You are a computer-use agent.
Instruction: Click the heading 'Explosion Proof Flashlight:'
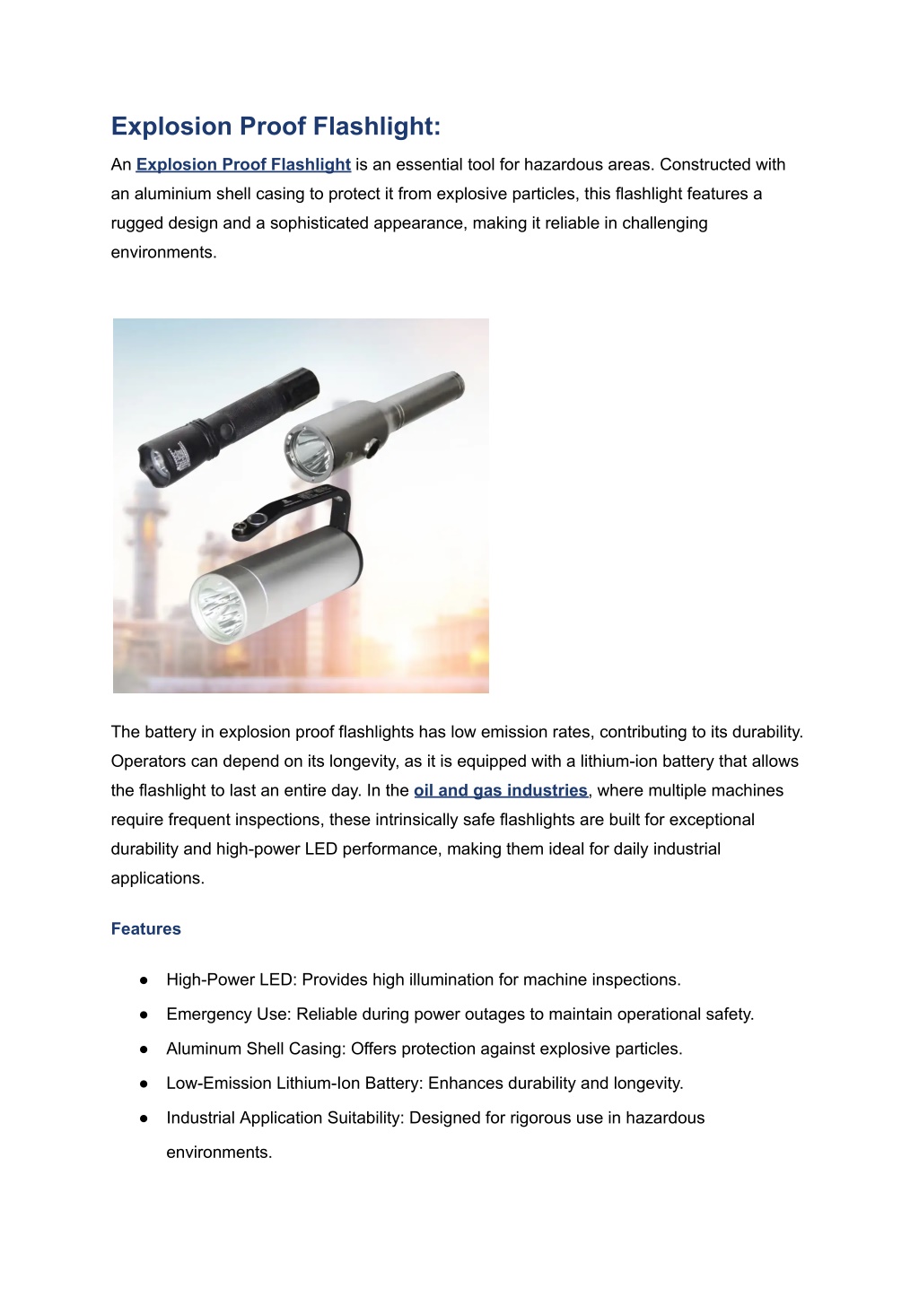[276, 126]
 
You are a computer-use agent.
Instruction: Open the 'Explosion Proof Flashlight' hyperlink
[243, 165]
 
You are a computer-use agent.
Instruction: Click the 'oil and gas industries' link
[500, 791]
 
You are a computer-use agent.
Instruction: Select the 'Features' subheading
[145, 929]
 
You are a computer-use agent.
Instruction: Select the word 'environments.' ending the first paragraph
[163, 253]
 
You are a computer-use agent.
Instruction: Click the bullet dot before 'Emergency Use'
[144, 1015]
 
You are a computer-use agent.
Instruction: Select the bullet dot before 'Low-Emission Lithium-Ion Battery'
[144, 1084]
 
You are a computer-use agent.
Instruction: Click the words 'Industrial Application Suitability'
[283, 1119]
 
